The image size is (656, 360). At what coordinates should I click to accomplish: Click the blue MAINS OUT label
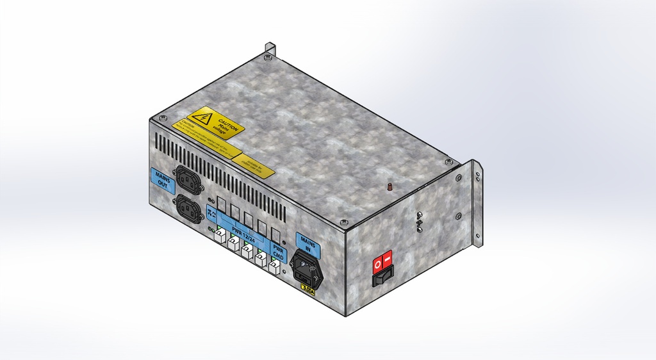coord(162,181)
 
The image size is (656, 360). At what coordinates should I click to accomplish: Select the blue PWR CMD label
coord(279,252)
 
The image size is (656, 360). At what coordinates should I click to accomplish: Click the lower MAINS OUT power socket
coord(189,209)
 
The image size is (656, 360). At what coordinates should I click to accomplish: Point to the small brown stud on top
coord(388,186)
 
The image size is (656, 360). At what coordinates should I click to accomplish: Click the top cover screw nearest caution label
coord(163,119)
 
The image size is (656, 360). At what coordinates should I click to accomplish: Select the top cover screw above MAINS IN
coord(344,222)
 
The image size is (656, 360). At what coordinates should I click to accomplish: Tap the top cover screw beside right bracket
coord(448,161)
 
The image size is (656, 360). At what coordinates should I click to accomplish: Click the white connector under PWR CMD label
coord(274,268)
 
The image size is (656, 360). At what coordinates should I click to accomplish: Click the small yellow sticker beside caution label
coord(254,164)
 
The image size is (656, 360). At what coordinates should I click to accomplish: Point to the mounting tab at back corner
coord(270,49)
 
